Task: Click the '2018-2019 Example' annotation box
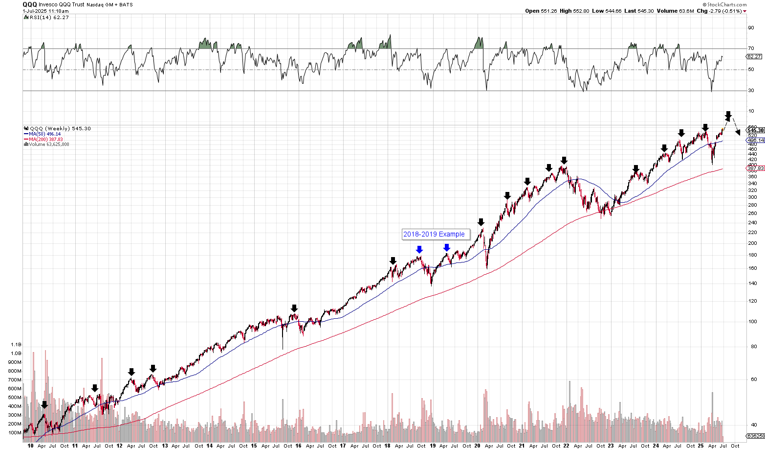tap(434, 234)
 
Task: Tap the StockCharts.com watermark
tap(726, 4)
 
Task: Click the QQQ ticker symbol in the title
tap(30, 4)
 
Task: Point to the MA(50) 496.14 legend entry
tap(44, 134)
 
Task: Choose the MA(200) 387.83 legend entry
tap(45, 139)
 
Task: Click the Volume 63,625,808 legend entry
tap(48, 144)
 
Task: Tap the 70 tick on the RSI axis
tap(751, 48)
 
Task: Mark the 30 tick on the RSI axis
tap(751, 91)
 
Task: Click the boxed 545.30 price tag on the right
tap(755, 130)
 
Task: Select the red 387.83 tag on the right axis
tap(756, 168)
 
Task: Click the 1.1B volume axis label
tap(16, 345)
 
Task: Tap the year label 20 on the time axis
tap(477, 446)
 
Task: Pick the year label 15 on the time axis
tap(254, 446)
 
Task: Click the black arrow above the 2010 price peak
tap(44, 405)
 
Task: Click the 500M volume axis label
tap(15, 398)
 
